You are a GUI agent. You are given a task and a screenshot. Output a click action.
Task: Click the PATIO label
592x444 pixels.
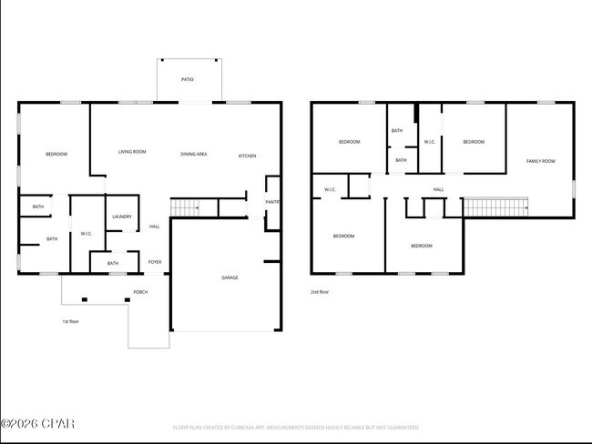pos(187,79)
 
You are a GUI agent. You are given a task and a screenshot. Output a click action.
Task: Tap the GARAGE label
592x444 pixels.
pos(230,277)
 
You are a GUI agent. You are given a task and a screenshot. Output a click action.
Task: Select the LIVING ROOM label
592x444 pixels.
pos(132,152)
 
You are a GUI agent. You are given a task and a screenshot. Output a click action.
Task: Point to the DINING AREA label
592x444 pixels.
pos(193,155)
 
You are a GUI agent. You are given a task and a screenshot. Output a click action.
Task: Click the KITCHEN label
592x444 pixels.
pos(247,156)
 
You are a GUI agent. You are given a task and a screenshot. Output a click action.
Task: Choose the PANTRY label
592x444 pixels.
pos(272,202)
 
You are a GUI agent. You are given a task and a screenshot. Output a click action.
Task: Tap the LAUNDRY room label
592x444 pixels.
pos(122,217)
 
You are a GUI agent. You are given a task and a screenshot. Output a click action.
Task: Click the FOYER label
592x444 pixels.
pos(155,262)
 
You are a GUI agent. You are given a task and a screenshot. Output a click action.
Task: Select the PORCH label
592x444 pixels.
pos(140,292)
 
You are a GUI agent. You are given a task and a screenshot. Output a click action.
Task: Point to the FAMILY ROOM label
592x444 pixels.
pos(540,161)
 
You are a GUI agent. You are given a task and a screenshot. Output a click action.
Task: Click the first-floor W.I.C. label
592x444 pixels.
pos(87,234)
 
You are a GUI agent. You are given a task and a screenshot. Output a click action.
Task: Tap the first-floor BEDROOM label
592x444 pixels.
pos(56,155)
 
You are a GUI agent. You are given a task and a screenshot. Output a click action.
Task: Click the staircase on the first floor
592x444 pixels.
pos(185,208)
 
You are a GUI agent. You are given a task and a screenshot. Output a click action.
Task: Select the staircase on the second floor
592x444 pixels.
pos(496,207)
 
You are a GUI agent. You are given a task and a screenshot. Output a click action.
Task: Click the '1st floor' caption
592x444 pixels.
pos(71,321)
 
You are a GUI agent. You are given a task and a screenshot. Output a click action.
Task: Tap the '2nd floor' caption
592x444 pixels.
pos(319,292)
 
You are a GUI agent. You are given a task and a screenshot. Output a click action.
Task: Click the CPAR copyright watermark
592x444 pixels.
pos(37,423)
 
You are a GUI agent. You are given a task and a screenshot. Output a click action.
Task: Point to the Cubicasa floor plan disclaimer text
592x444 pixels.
pos(296,426)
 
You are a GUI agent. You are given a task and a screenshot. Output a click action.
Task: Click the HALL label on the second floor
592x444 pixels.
pos(438,189)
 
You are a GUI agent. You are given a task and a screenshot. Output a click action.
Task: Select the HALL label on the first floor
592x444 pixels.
pos(155,227)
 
